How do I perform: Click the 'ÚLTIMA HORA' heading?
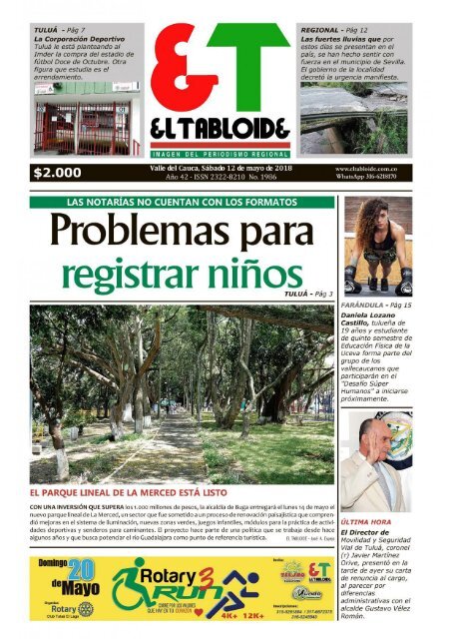(x=366, y=522)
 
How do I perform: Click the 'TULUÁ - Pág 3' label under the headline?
(x=308, y=295)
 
